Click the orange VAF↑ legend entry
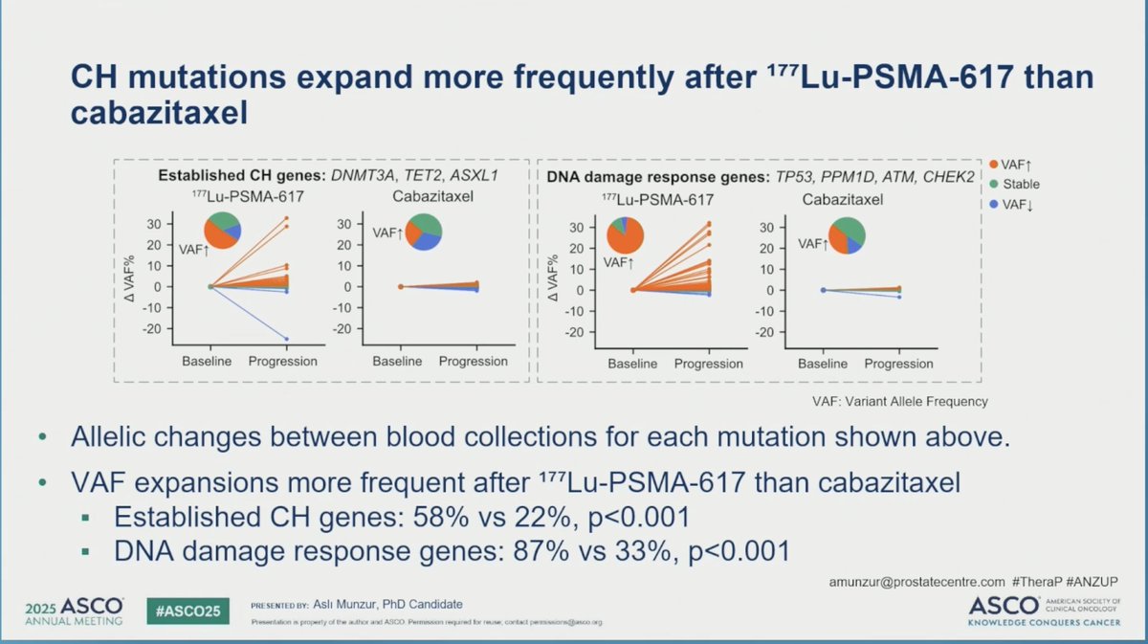(x=1016, y=164)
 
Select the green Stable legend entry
(x=1016, y=183)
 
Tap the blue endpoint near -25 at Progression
(x=285, y=339)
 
